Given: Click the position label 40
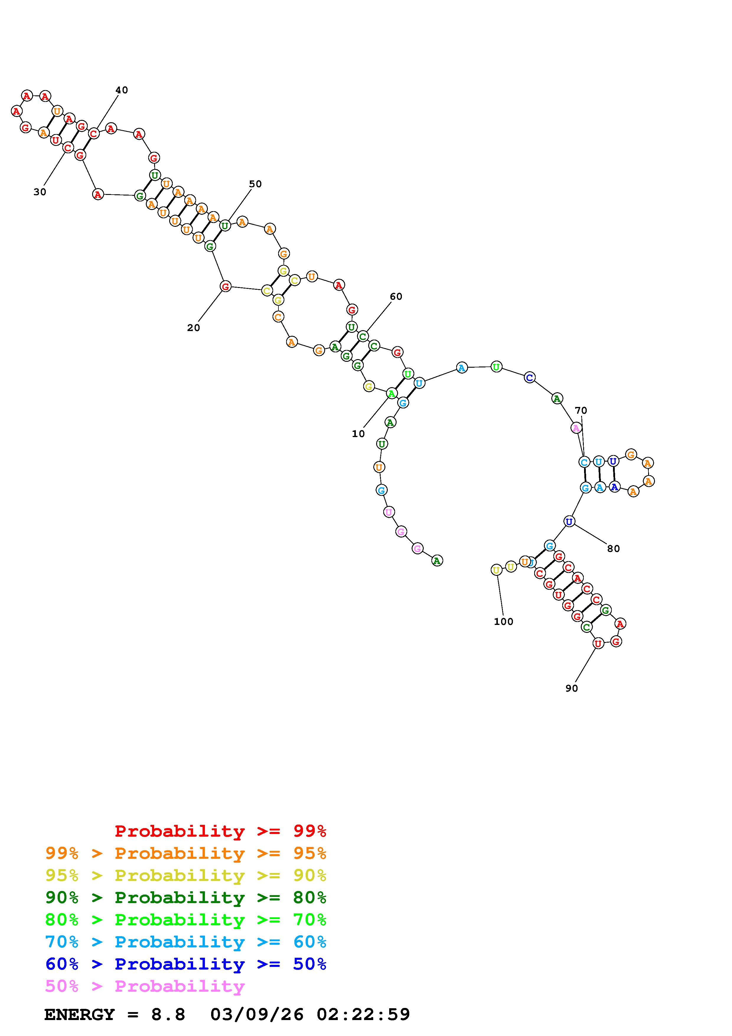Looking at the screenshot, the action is point(122,90).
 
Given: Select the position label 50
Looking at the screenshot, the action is point(255,184).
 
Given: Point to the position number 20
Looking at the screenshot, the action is point(193,328).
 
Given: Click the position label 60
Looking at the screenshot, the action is point(396,297).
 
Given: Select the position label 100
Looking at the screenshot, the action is point(503,622).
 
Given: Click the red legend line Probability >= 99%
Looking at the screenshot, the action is point(221,831).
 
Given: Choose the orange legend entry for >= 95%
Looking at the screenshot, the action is point(186,853).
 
